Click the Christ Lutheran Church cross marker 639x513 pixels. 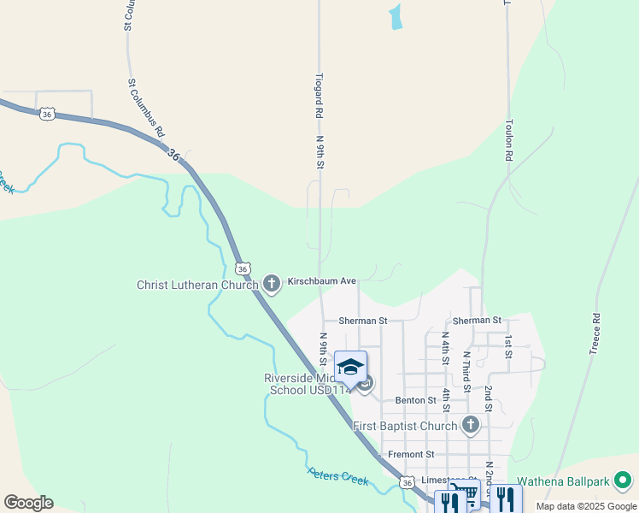[272, 283]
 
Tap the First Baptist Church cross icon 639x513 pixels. [470, 425]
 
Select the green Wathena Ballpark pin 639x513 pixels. [624, 481]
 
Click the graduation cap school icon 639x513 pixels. [350, 368]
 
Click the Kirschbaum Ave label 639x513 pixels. [321, 280]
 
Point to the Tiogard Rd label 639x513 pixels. [318, 95]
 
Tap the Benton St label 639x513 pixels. [416, 400]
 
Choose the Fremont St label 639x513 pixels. [411, 454]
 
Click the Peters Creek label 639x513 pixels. [339, 476]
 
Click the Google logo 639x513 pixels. [28, 503]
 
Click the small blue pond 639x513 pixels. [396, 17]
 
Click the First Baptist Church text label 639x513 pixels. [405, 426]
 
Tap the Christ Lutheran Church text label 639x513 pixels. [197, 284]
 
